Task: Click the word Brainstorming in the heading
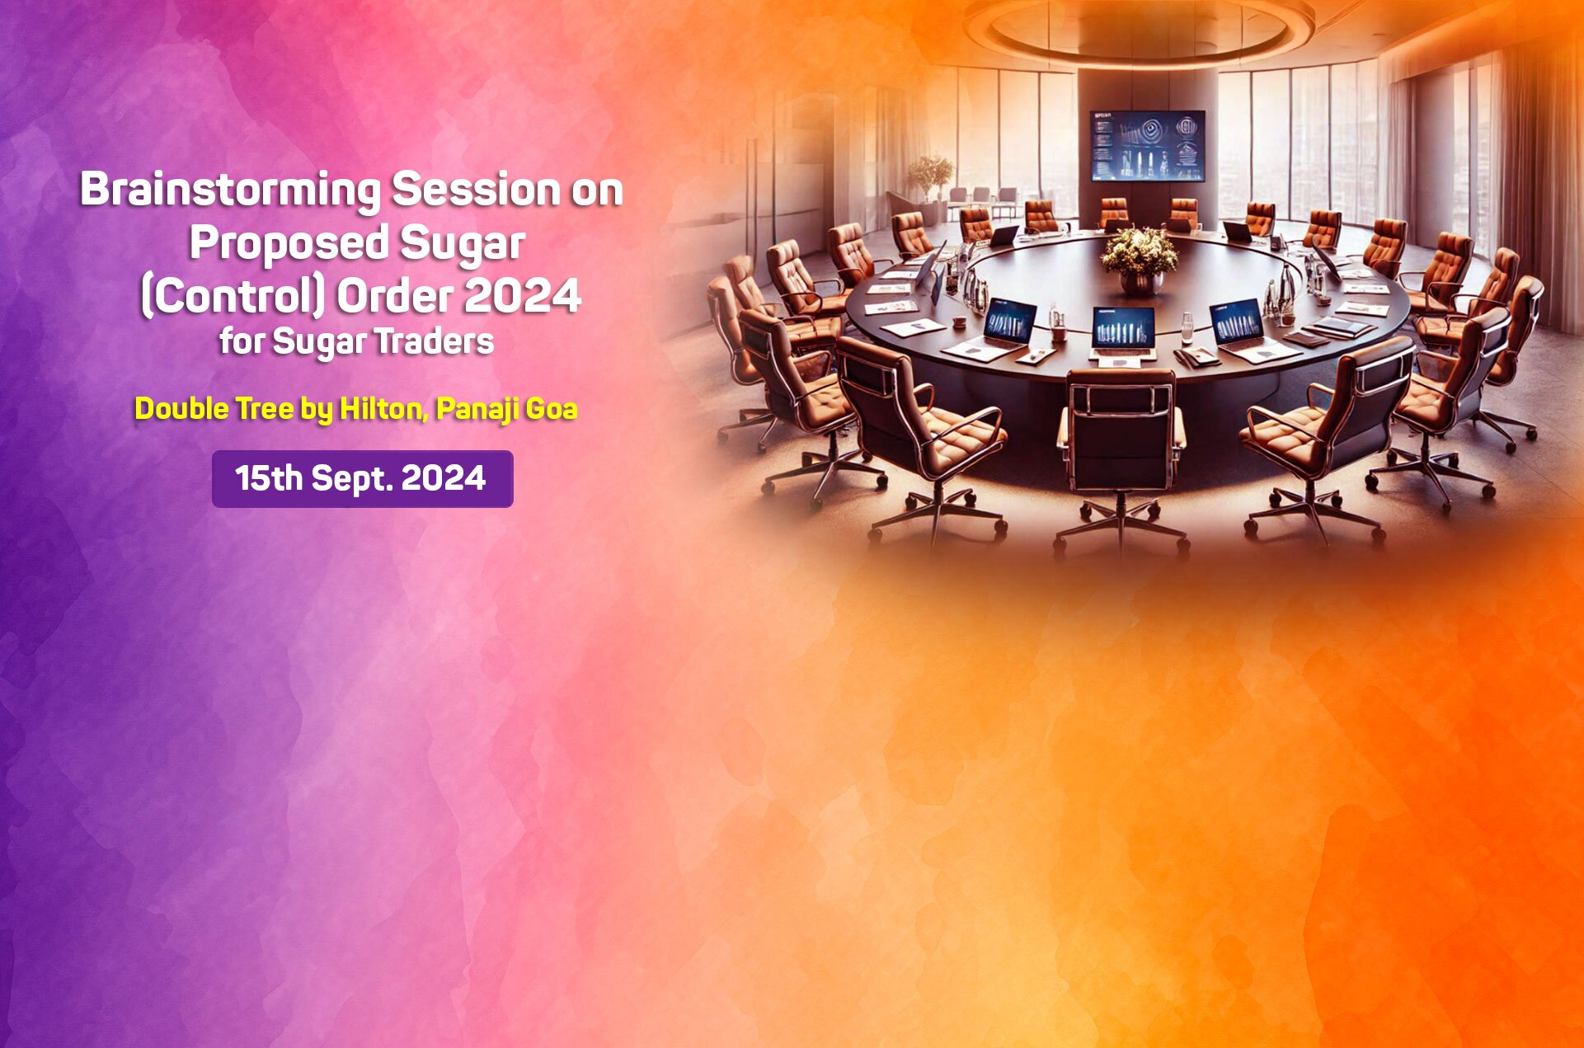230,190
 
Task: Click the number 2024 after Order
522,297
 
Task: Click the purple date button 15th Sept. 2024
362,479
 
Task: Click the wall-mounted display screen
1147,146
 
